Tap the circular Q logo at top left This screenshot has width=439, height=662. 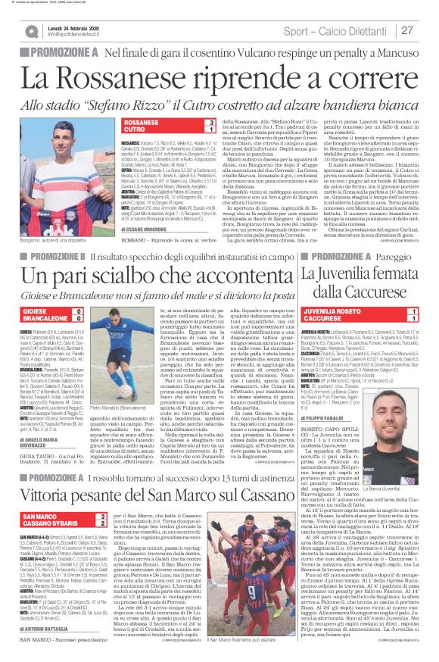31,31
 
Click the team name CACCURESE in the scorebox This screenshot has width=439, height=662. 326,318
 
